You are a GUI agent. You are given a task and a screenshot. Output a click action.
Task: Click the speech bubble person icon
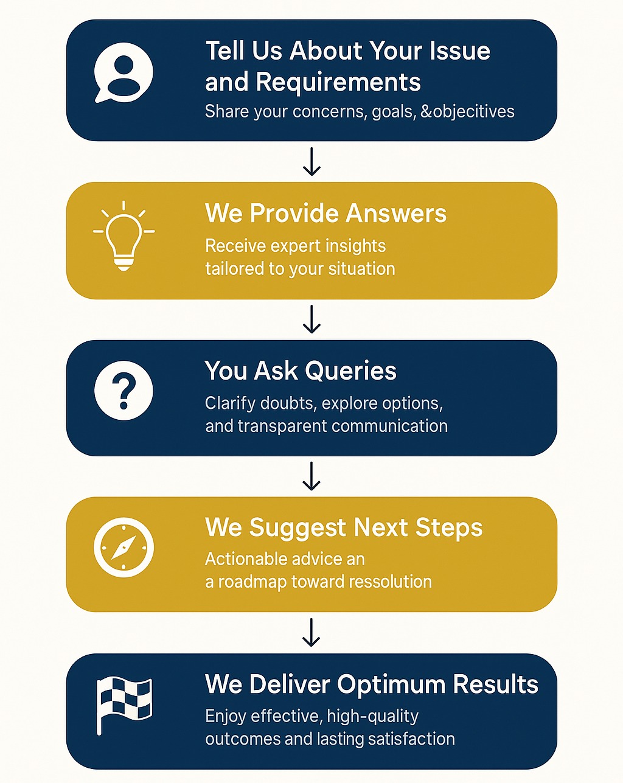point(124,72)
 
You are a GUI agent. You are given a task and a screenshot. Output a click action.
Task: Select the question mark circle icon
point(124,391)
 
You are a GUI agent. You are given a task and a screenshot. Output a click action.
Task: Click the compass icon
point(124,547)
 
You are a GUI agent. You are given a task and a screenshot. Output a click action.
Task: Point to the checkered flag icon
point(124,705)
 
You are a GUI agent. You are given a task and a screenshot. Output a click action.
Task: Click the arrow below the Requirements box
point(312,162)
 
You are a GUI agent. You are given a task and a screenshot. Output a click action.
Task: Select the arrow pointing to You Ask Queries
point(312,319)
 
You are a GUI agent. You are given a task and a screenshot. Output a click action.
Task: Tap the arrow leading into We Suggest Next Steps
point(312,476)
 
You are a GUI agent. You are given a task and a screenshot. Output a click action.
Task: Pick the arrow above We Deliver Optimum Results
point(312,633)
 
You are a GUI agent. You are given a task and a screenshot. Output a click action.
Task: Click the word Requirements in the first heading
point(338,83)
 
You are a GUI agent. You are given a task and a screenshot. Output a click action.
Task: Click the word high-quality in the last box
point(372,717)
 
